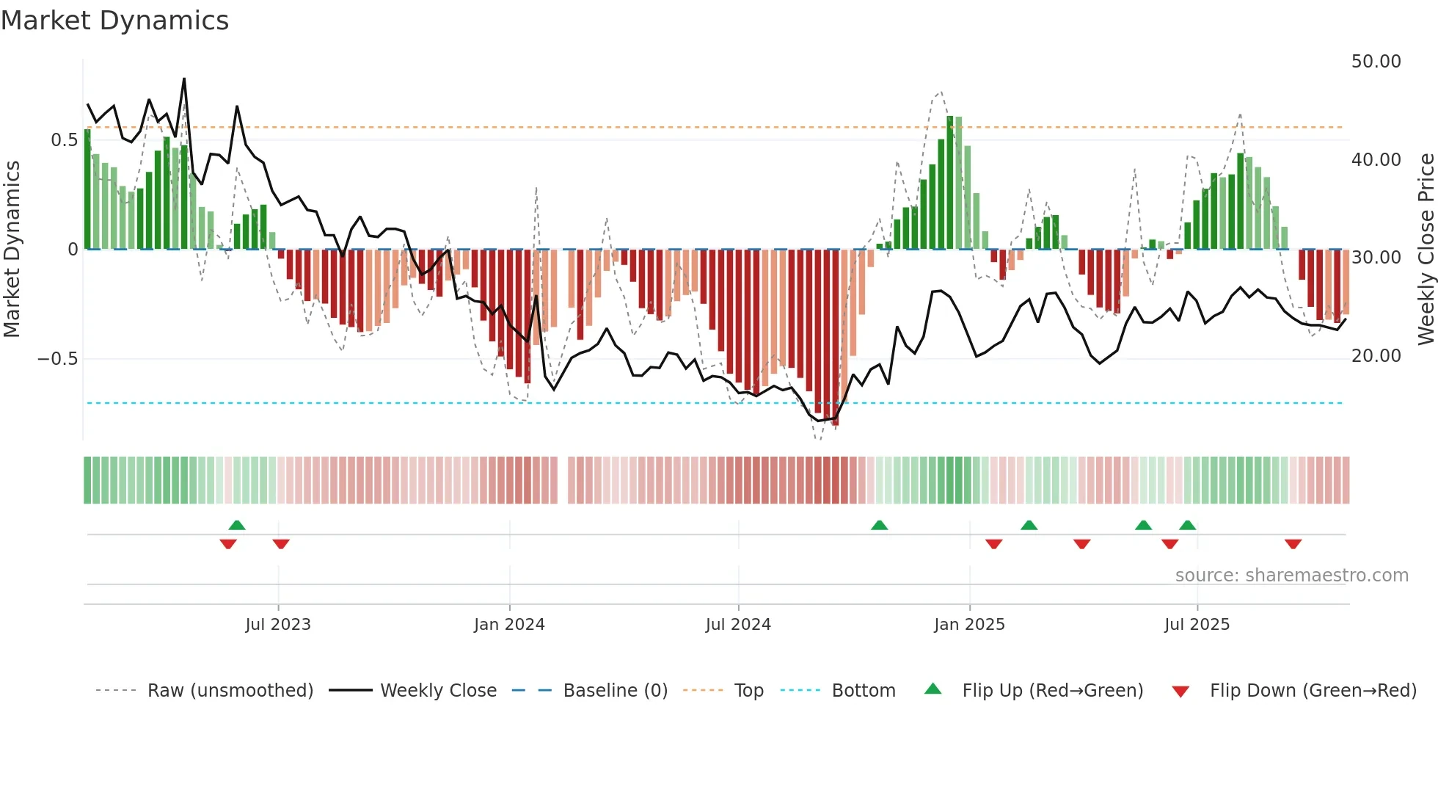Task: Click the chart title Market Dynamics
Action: pos(114,21)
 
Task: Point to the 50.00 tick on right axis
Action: pos(1376,62)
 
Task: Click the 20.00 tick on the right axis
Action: pos(1376,356)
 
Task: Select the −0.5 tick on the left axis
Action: pos(57,359)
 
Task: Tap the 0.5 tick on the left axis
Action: pos(64,140)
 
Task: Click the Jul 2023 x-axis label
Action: pos(278,625)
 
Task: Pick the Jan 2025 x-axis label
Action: pos(969,625)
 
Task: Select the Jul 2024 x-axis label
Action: pos(738,625)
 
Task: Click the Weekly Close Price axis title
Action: pos(1426,249)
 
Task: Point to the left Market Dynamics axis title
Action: pos(12,249)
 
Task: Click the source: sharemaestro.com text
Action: pos(1291,576)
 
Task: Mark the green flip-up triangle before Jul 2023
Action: pos(237,526)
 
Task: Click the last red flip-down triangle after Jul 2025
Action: pos(1293,544)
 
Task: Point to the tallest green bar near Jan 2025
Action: pos(950,184)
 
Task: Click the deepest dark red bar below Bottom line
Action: pos(835,338)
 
